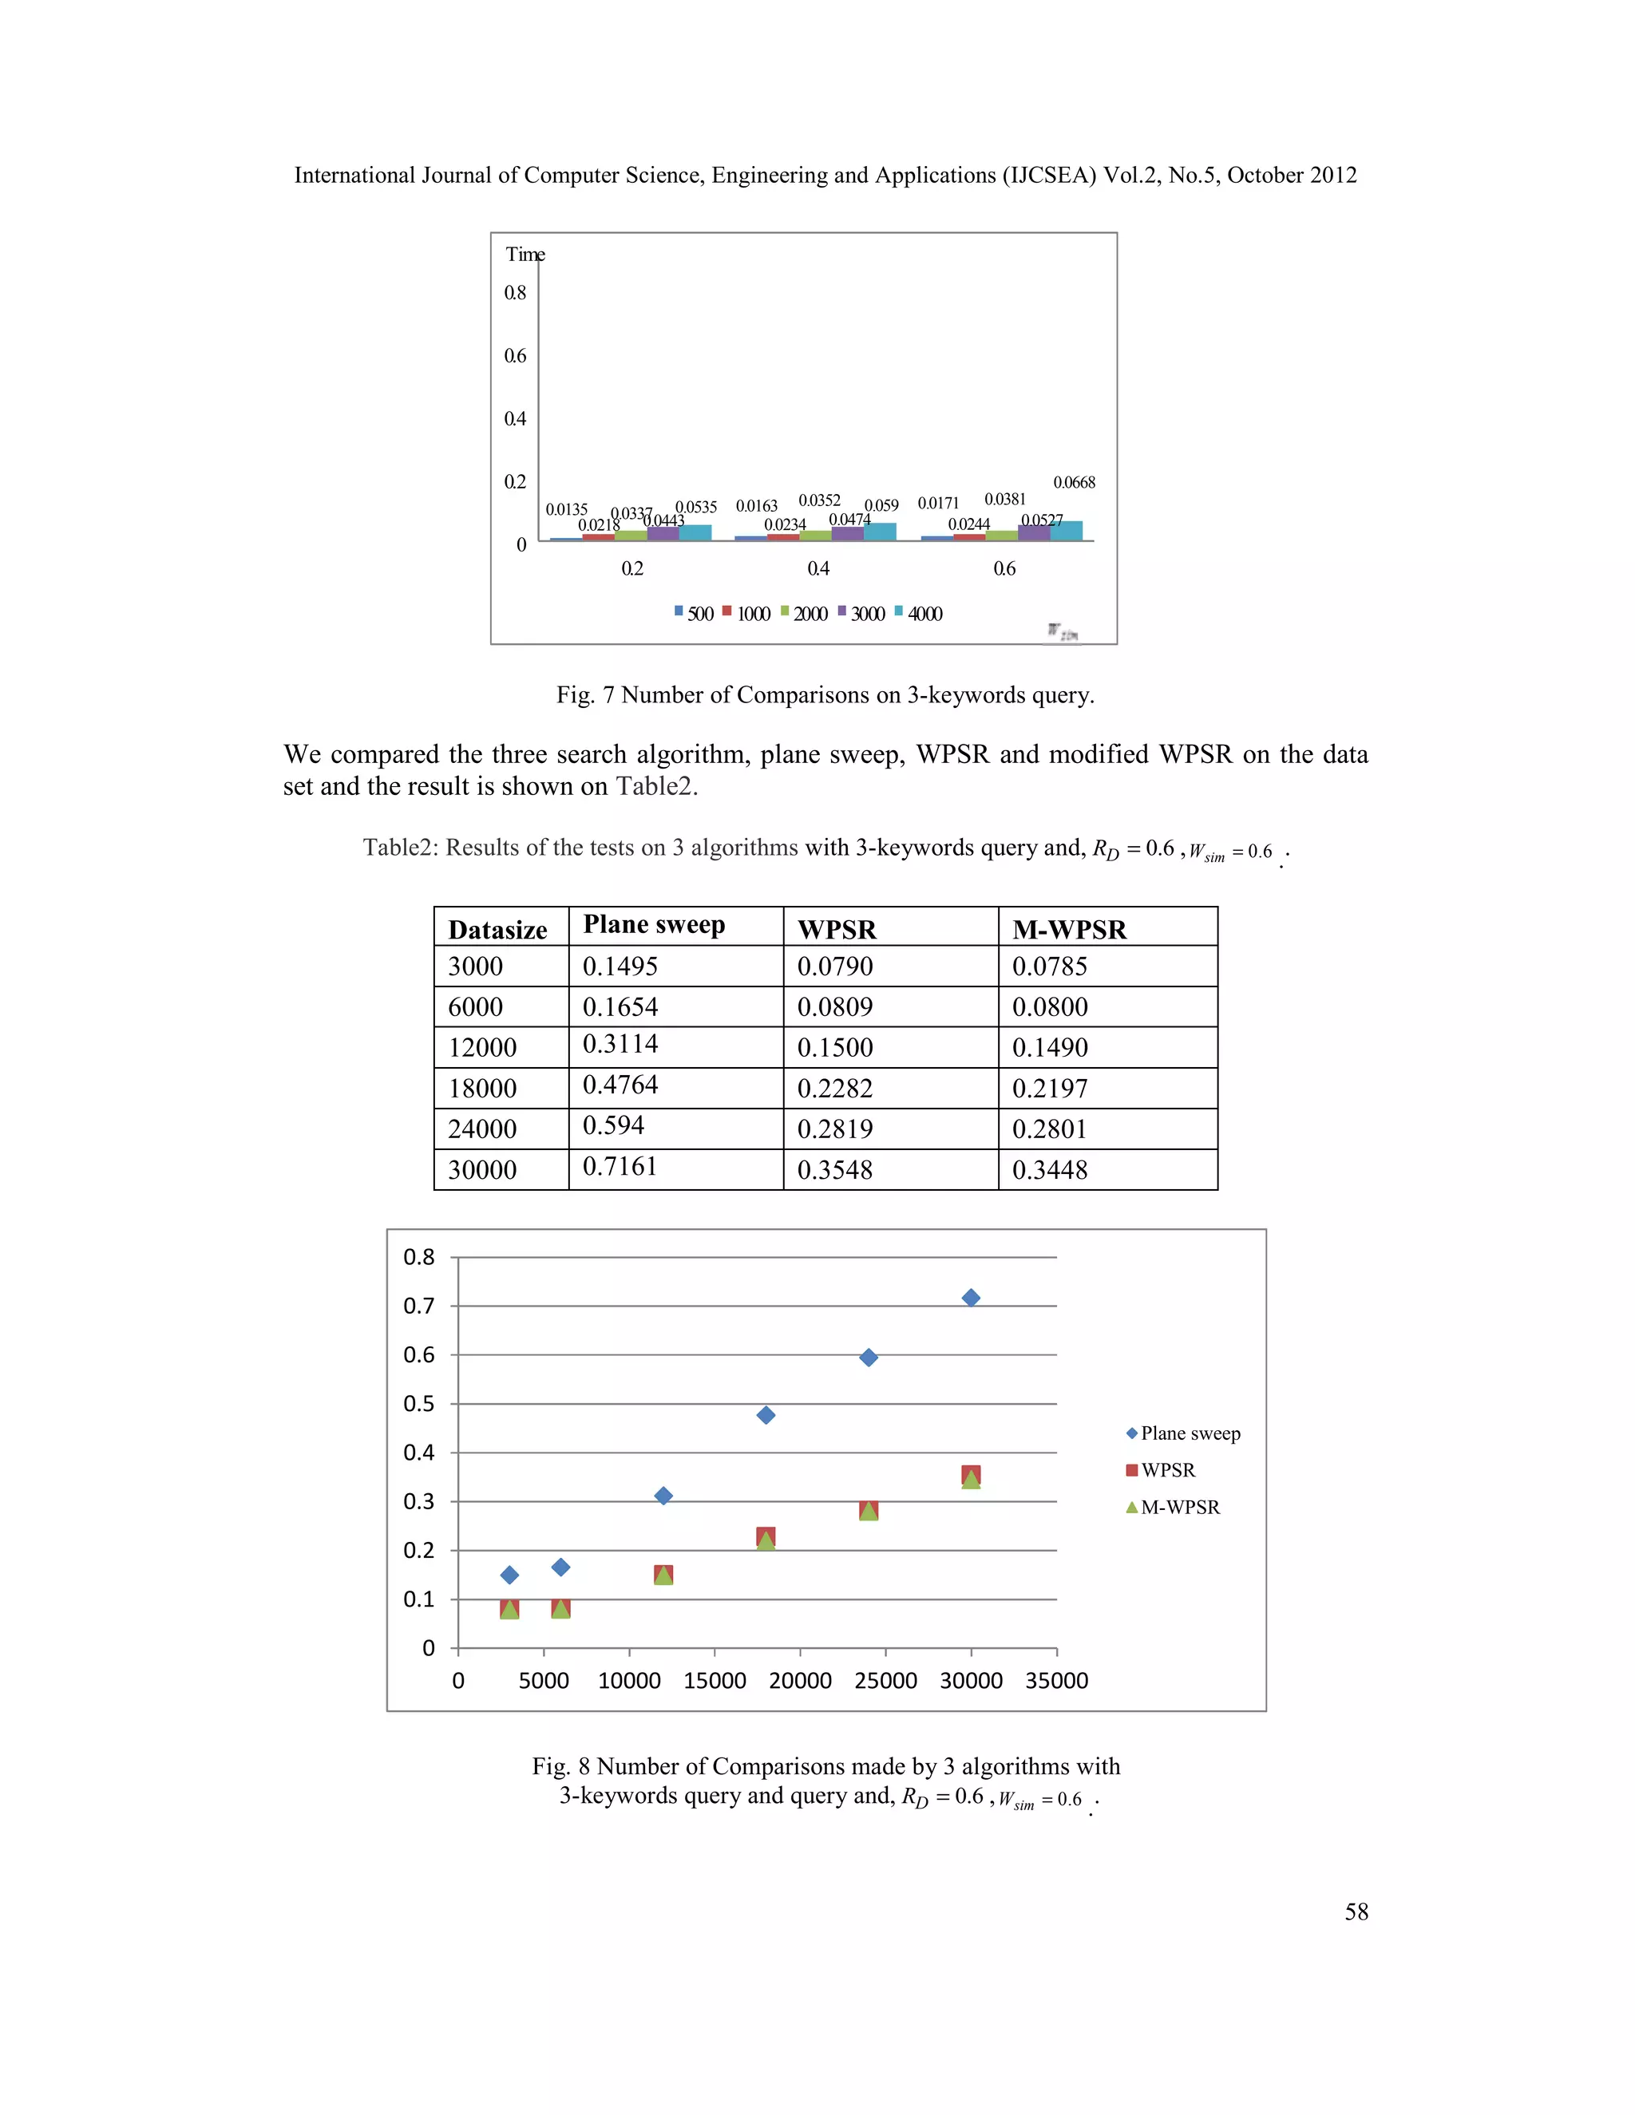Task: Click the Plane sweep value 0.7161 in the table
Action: point(620,1166)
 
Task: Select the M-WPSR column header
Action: point(1069,930)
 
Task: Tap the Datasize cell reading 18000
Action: point(481,1089)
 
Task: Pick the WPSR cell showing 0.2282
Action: point(835,1089)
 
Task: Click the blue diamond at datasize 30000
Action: point(971,1298)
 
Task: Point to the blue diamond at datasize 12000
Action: point(663,1496)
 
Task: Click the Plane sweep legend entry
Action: point(1190,1433)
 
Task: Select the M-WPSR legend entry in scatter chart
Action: point(1179,1508)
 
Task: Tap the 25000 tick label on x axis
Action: point(885,1680)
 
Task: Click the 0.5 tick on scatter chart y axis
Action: point(418,1403)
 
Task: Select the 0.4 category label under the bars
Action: point(818,568)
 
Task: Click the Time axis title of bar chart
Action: point(525,255)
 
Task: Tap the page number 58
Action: point(1356,1911)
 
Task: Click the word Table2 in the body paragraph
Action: point(654,786)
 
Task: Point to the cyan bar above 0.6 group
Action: point(1067,530)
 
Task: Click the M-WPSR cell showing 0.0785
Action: point(1050,967)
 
